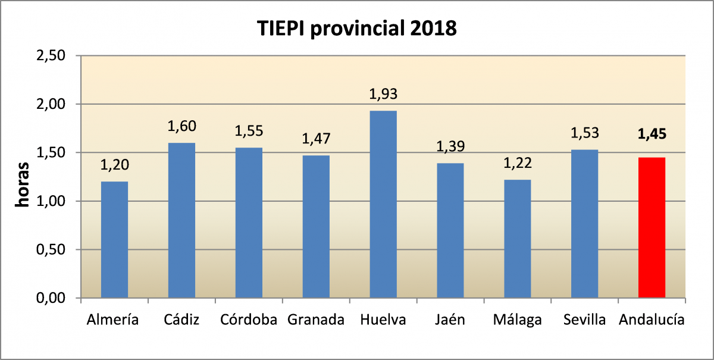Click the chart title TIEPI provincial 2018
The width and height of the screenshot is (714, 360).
pyautogui.click(x=357, y=29)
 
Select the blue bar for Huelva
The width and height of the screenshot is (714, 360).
pyautogui.click(x=383, y=204)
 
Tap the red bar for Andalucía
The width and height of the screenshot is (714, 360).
pyautogui.click(x=652, y=227)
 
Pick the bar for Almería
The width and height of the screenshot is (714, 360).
pyautogui.click(x=114, y=239)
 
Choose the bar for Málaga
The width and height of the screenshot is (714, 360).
pyautogui.click(x=518, y=238)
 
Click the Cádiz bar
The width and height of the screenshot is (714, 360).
pyautogui.click(x=181, y=220)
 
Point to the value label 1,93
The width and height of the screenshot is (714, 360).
pyautogui.click(x=383, y=94)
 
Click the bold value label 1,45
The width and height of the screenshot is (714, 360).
pyautogui.click(x=652, y=134)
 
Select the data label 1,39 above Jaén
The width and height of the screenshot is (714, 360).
pyautogui.click(x=450, y=146)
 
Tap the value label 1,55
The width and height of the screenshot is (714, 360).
pyautogui.click(x=249, y=130)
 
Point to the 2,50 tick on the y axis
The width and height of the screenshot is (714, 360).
pyautogui.click(x=51, y=56)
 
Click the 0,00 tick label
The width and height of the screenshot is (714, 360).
pyautogui.click(x=51, y=298)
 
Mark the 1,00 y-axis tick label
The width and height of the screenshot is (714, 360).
pyautogui.click(x=51, y=201)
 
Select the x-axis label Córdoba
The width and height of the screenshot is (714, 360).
pyautogui.click(x=249, y=320)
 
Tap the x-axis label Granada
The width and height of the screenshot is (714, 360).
pyautogui.click(x=316, y=320)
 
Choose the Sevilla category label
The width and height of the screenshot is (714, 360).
pyautogui.click(x=585, y=320)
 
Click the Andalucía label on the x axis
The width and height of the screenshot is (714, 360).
pyautogui.click(x=652, y=320)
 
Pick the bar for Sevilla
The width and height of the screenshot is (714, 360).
pyautogui.click(x=585, y=223)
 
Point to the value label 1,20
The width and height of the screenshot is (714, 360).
pyautogui.click(x=114, y=165)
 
